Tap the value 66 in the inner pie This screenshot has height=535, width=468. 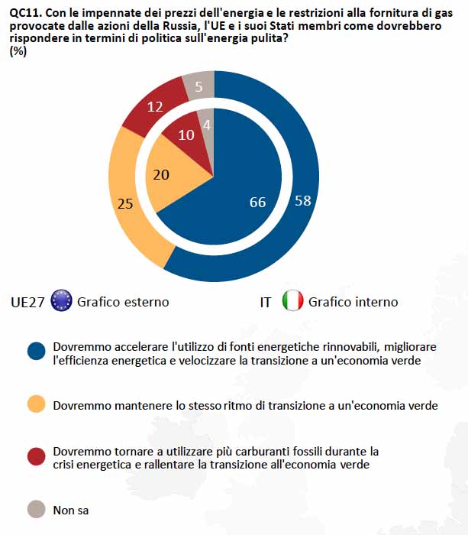[x=258, y=202]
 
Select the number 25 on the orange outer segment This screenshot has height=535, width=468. [x=126, y=203]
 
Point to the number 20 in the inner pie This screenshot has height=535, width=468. [x=163, y=175]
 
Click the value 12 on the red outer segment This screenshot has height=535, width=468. [x=155, y=108]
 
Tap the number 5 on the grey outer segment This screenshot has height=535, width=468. [x=198, y=87]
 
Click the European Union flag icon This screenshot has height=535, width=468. [x=61, y=301]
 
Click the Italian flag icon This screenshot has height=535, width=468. [x=292, y=301]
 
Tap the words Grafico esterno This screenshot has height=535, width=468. [x=123, y=302]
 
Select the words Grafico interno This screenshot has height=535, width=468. [x=353, y=302]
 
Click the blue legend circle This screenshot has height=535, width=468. [x=36, y=352]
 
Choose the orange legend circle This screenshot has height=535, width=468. [x=36, y=404]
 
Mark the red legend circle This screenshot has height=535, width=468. [x=36, y=456]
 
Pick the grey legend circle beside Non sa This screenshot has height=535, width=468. [x=36, y=508]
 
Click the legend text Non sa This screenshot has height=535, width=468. [x=71, y=509]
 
